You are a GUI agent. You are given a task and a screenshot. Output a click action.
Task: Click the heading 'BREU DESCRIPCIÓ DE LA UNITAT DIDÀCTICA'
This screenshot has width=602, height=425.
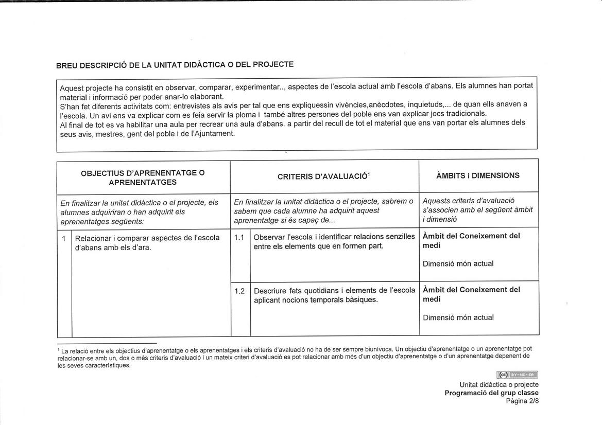click(x=175, y=65)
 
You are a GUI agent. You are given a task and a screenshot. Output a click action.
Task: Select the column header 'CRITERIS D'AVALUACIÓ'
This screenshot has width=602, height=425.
click(x=322, y=176)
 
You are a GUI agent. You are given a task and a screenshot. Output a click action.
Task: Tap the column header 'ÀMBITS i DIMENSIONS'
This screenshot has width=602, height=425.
click(x=477, y=175)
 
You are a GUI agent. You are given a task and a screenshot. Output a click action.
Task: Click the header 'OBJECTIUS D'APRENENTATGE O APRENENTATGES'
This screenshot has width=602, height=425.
click(x=143, y=178)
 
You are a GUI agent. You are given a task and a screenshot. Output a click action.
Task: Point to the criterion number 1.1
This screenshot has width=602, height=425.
click(x=239, y=237)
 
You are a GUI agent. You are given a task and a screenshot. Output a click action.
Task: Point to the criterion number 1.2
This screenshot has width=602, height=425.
click(x=239, y=291)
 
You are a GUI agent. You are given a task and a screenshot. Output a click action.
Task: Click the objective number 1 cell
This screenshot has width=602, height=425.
click(x=63, y=238)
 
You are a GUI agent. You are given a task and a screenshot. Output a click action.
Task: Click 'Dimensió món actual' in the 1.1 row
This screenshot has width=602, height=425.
click(x=458, y=264)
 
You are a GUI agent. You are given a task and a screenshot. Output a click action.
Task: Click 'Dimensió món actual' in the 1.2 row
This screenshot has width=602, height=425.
click(x=458, y=318)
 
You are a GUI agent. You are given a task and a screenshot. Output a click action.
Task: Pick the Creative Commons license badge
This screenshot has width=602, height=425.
click(x=517, y=375)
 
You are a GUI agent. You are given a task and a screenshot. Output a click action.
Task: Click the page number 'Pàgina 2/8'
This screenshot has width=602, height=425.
click(x=522, y=401)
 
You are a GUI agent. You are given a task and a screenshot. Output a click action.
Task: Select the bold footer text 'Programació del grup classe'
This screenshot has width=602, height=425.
click(x=491, y=393)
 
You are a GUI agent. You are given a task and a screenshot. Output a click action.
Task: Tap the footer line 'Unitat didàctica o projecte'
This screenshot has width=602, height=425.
click(x=498, y=385)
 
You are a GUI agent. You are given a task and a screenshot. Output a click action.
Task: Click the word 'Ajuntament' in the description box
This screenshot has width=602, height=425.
click(x=214, y=134)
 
